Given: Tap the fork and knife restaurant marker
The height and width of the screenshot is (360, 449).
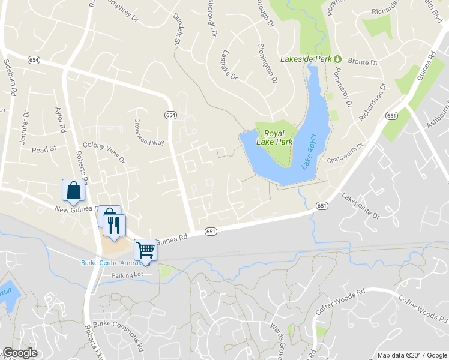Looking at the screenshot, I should [114, 225].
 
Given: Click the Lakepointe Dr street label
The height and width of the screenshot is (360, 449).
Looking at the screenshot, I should [361, 206].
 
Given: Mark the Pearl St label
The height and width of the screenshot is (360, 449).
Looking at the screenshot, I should [44, 148].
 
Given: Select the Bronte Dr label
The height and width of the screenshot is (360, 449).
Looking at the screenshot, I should [362, 62].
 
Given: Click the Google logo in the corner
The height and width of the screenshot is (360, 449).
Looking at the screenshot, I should [20, 353].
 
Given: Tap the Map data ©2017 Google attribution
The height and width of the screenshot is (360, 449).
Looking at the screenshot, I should [412, 355].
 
